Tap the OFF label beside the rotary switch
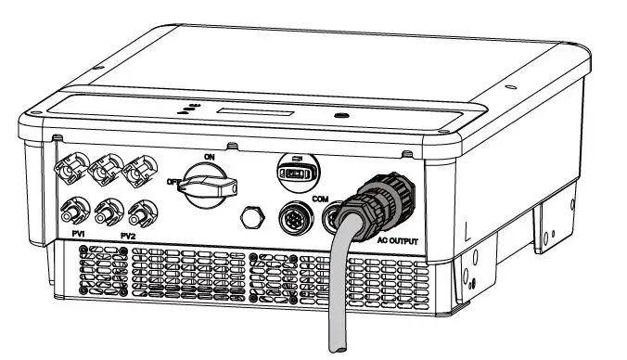coord(173,183)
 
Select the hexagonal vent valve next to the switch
coord(250,219)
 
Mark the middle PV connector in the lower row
coord(109,212)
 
